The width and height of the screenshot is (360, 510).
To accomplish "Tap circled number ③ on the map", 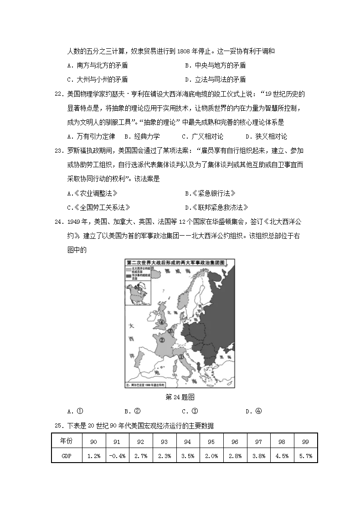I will click(170, 331).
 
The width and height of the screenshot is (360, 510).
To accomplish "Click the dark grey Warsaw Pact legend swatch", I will click(128, 276).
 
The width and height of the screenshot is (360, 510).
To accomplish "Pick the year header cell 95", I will click(211, 442).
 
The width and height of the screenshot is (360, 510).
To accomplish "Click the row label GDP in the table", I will click(67, 456).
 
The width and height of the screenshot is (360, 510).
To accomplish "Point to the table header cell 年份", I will click(67, 441).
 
